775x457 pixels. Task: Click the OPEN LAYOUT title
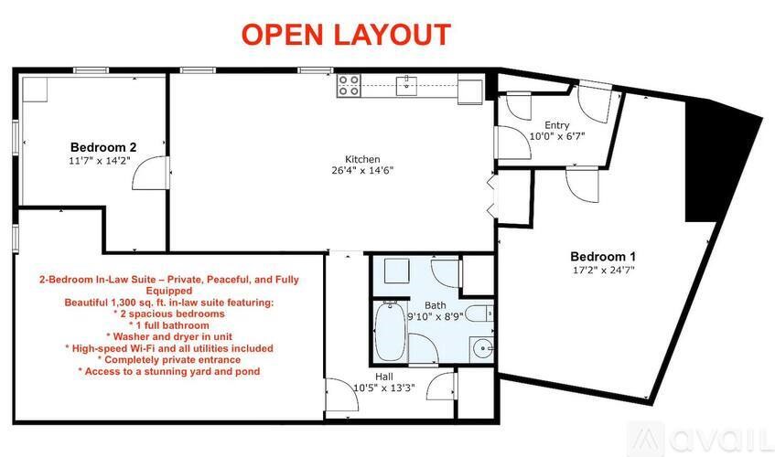pos(346,34)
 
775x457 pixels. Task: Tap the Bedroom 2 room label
pos(104,146)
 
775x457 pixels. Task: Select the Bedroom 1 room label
pos(603,256)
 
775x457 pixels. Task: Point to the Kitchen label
pos(362,159)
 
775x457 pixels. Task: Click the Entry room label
pos(557,125)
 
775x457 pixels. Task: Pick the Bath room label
pos(436,305)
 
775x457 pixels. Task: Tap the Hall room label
pos(385,376)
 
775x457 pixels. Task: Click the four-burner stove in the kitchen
pos(349,86)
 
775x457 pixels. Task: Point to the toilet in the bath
pos(482,311)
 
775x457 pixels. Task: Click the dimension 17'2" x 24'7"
pos(602,271)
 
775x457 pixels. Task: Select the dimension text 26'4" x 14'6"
pos(362,171)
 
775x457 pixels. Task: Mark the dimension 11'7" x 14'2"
pos(101,160)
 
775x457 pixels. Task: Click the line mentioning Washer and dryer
pos(168,336)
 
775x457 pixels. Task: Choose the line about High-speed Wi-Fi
pos(169,348)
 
